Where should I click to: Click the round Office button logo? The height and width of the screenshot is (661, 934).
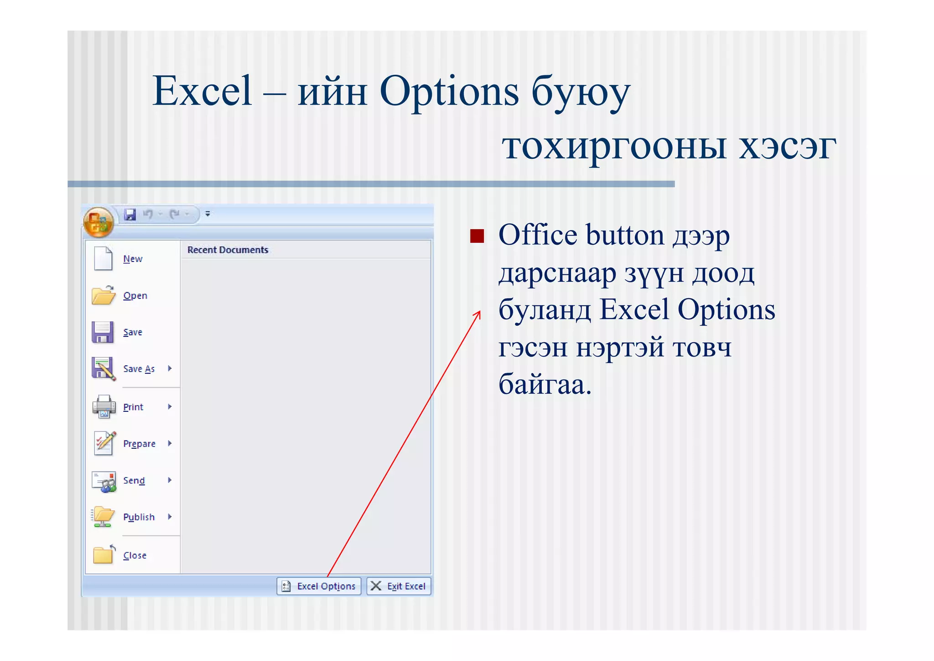coord(98,222)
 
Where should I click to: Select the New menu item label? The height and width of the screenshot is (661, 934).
coord(133,259)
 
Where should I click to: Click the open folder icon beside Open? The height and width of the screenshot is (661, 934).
coord(103,295)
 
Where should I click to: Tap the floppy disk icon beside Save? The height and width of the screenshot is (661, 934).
coord(103,332)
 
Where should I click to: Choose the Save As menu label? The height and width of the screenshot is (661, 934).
coord(139,369)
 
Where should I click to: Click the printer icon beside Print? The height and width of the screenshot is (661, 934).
coord(104,406)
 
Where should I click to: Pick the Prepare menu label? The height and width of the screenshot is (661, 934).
coord(139,444)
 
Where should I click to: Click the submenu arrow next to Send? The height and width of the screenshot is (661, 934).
coord(170,480)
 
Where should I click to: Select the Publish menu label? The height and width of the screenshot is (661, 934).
coord(139,517)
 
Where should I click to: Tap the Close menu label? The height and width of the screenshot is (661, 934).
coord(135,556)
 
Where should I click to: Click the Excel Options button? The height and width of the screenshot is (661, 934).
coord(319,586)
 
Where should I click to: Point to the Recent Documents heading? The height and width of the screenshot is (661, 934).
coord(228,250)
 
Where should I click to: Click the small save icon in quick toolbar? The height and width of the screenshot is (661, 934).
coord(130,214)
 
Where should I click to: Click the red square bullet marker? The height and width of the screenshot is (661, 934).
coord(477,236)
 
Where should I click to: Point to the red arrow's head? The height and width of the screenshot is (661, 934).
coord(479,313)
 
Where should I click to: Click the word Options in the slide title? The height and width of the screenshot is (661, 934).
coord(449,91)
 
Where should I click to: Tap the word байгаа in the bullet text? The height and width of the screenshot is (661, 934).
coord(545,384)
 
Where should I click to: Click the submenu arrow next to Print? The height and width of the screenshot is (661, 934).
coord(170,407)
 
